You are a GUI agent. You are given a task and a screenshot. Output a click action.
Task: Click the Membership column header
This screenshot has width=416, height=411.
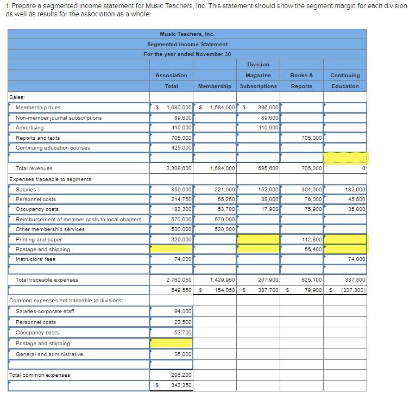click(x=215, y=86)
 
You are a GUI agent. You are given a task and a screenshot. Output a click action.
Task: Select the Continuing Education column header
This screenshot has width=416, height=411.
click(x=345, y=81)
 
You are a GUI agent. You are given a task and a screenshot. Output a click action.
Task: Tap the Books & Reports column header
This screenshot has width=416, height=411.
click(x=301, y=81)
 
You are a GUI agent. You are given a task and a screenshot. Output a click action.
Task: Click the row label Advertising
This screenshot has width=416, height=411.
click(x=30, y=128)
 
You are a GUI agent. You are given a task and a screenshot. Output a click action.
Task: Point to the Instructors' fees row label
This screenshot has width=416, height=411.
click(x=35, y=259)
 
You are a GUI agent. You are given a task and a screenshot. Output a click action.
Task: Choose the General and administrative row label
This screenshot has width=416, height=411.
click(x=49, y=354)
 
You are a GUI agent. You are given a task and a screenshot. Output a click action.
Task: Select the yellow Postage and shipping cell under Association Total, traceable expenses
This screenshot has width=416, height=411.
click(x=171, y=249)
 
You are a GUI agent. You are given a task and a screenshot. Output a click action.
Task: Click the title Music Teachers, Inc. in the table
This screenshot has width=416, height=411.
click(x=187, y=34)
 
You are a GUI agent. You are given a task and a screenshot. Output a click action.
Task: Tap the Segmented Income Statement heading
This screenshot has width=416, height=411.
click(x=187, y=44)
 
